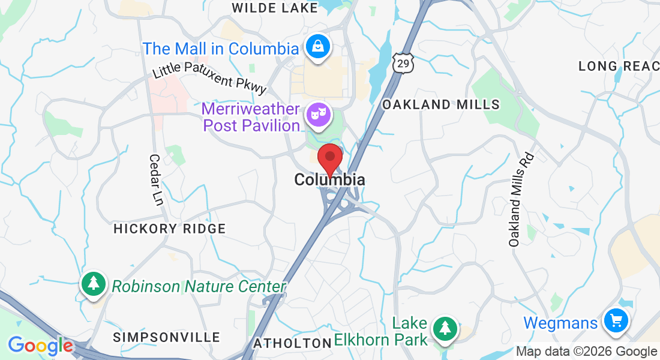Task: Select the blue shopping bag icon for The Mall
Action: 317,46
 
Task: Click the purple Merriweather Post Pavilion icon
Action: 318,114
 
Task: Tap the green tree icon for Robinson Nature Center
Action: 93,283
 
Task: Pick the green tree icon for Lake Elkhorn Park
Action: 444,328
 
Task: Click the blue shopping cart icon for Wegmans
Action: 615,320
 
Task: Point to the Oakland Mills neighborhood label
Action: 441,104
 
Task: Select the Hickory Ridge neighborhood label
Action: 170,229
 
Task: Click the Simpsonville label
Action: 166,337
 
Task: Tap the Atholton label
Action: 292,343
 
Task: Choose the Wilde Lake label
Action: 274,8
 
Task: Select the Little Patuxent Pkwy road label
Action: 209,77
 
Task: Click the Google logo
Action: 40,346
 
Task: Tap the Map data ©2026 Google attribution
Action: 586,352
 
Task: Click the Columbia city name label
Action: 329,179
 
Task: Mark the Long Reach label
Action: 619,66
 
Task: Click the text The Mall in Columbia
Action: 221,49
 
